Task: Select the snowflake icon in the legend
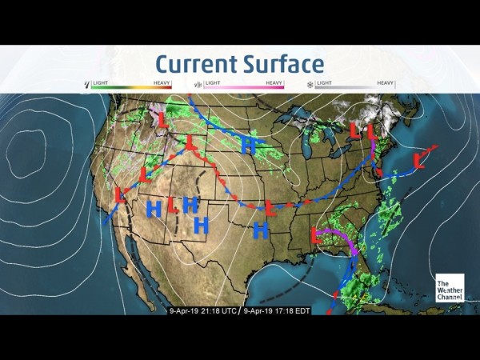pos(310,83)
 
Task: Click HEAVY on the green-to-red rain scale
pos(163,82)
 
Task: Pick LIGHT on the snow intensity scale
pos(325,82)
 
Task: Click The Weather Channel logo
pos(449,289)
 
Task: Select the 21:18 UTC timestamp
pos(202,310)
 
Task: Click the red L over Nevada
pos(144,174)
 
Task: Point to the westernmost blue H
pos(154,210)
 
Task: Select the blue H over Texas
pos(259,231)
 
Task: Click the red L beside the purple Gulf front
pos(318,235)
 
